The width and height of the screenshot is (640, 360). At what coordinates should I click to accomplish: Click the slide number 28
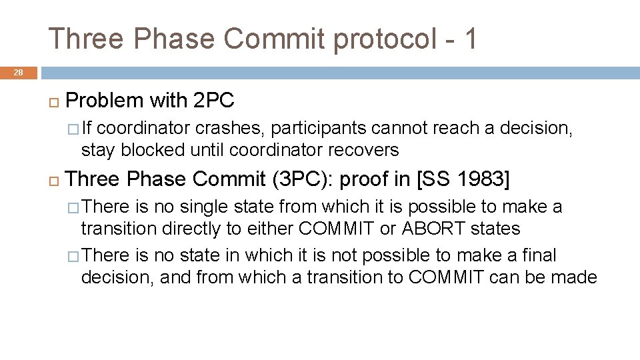18,72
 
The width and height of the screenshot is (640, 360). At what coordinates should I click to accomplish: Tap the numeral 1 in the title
471,39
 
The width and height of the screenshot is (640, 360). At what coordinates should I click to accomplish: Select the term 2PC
213,101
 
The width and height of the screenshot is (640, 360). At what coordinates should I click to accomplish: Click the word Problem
105,101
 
